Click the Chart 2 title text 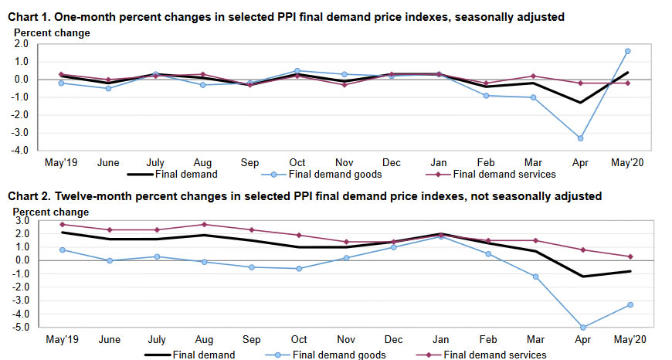pos(304,197)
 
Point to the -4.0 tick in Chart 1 pos(20,151)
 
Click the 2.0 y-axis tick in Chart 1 pos(22,44)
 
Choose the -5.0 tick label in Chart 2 pos(20,327)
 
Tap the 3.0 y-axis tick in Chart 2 pos(22,220)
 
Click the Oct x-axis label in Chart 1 pos(299,163)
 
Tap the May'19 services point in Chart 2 pos(61,225)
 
